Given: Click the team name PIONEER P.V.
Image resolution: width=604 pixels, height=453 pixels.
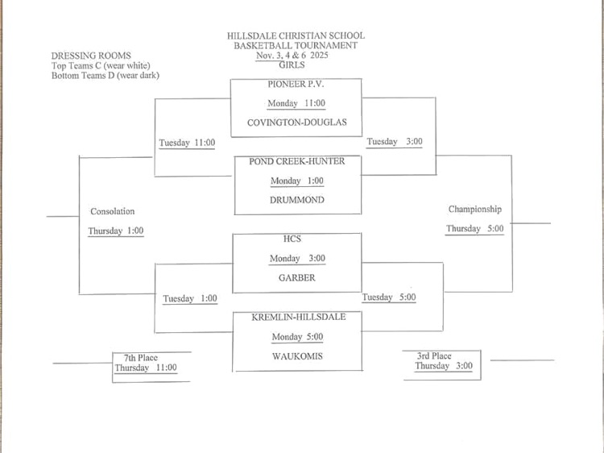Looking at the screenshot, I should point(296,84).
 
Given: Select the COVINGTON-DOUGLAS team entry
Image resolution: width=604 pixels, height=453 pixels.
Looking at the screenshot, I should point(296,123).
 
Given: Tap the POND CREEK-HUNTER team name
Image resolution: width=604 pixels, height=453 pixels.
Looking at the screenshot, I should point(296,161).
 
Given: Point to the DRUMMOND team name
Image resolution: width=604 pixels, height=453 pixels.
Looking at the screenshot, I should point(296,200).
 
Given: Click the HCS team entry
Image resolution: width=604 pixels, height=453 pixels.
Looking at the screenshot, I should point(296,239).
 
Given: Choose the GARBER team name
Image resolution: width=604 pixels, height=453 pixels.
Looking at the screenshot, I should point(296,277).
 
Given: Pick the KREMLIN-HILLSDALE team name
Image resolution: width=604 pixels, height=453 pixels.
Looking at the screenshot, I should point(298,317).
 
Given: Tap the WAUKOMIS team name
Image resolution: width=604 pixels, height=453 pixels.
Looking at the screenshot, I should point(296,355).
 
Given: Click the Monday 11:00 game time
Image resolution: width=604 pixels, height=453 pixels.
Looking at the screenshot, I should point(296,103).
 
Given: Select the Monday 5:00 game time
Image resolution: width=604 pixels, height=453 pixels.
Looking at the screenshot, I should point(296,337).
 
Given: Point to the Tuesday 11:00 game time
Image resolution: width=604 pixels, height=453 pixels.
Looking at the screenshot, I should point(187,143).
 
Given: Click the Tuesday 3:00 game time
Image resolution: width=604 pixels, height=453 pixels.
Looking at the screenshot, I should point(395,142).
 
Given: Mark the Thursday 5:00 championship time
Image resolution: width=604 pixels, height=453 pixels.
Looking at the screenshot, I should point(475,229).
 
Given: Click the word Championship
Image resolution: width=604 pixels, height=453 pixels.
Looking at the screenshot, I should point(475,210).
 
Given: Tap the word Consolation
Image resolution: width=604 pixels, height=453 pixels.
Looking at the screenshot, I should point(113,211).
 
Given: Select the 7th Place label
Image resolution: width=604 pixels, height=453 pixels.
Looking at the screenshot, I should point(141,358).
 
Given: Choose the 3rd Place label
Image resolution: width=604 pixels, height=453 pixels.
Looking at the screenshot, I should point(434,355).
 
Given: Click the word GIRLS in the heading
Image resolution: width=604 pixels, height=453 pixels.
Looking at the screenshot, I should point(296,65).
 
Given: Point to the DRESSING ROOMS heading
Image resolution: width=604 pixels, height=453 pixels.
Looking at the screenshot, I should point(90,56).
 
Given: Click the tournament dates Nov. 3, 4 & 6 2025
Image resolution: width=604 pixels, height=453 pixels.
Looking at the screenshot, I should point(296,56).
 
